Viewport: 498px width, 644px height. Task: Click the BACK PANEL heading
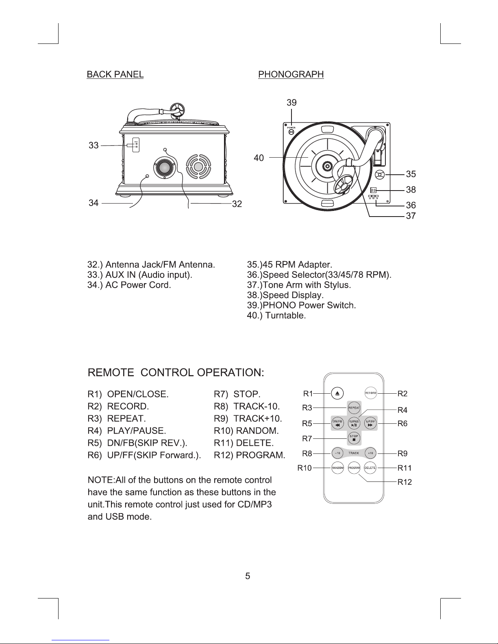pyautogui.click(x=115, y=74)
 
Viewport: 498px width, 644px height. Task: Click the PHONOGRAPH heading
pyautogui.click(x=291, y=74)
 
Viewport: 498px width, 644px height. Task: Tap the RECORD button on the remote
pyautogui.click(x=370, y=393)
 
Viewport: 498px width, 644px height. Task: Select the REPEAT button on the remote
pyautogui.click(x=354, y=408)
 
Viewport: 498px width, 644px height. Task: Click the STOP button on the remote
pyautogui.click(x=354, y=438)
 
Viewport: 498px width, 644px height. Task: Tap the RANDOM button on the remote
pyautogui.click(x=338, y=468)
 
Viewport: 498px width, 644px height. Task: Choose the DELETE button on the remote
pyautogui.click(x=370, y=468)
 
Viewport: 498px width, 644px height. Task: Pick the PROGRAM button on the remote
pyautogui.click(x=354, y=468)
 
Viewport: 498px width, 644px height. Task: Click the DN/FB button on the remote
pyautogui.click(x=337, y=423)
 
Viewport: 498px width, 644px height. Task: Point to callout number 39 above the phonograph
pyautogui.click(x=291, y=103)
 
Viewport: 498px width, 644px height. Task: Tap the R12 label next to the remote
pyautogui.click(x=404, y=482)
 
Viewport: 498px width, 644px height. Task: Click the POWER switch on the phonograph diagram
pyautogui.click(x=291, y=132)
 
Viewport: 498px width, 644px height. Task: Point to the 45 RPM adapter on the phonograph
pyautogui.click(x=379, y=175)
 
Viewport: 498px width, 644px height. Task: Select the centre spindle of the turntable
pyautogui.click(x=326, y=166)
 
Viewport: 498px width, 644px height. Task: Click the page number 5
pyautogui.click(x=248, y=576)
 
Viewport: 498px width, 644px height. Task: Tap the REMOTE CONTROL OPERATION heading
pyautogui.click(x=176, y=373)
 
